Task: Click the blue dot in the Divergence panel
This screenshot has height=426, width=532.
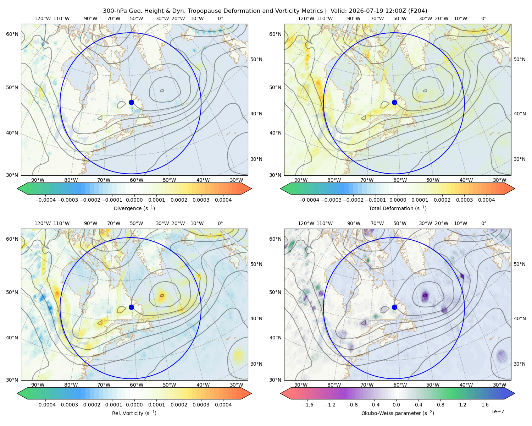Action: pos(131,103)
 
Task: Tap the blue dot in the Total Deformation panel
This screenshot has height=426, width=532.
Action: pos(394,103)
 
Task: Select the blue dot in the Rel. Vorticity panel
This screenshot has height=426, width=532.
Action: pos(131,307)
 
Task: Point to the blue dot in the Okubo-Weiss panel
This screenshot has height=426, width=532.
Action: pos(394,307)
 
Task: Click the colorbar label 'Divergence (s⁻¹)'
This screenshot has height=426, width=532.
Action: pos(134,208)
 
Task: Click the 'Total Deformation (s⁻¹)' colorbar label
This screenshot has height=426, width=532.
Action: pos(398,208)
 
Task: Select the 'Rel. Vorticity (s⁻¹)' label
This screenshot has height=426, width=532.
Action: pos(134,413)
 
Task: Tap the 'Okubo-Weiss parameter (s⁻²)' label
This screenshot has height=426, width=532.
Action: pos(398,413)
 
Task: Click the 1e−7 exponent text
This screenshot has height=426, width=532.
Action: pos(497,412)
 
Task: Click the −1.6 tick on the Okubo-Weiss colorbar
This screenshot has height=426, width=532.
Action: pos(307,405)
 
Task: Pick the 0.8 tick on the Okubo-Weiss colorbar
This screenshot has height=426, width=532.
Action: pos(440,405)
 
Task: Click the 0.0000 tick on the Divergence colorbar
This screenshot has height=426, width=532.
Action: pos(134,200)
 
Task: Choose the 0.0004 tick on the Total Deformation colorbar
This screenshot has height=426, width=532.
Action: pos(486,200)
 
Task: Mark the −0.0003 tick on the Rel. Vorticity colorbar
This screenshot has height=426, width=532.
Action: pos(67,405)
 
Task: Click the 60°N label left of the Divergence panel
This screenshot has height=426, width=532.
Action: pos(12,34)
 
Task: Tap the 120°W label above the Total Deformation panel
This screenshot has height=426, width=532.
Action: pos(306,18)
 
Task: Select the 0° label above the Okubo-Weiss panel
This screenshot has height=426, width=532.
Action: pos(483,223)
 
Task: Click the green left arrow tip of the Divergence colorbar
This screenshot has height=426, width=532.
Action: pos(17,189)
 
